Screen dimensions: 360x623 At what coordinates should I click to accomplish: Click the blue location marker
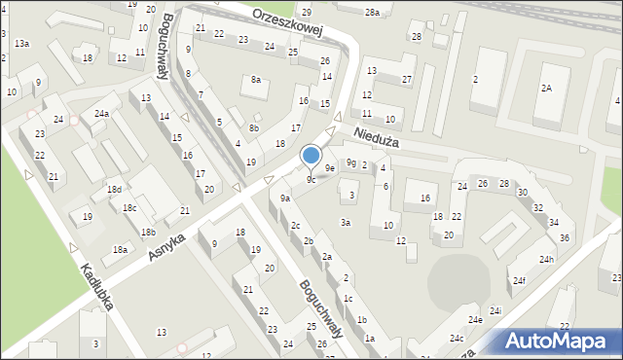point(311,155)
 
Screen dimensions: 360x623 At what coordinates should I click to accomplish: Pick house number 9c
point(311,180)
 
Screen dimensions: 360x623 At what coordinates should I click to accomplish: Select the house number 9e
point(330,168)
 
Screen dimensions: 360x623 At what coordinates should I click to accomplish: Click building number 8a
point(256,80)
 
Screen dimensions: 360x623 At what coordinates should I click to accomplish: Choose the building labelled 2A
point(547,89)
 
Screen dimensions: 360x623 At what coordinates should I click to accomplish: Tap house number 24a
point(101,113)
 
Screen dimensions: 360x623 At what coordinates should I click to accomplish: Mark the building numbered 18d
point(114,190)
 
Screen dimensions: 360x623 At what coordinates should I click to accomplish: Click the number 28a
point(372,13)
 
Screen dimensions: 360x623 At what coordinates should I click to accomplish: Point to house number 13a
point(21,44)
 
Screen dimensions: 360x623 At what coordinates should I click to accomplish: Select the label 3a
point(345,223)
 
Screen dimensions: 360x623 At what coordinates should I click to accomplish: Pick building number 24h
point(547,260)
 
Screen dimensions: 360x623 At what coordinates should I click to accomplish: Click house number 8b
point(254,128)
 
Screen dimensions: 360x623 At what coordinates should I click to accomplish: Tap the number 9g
point(350,162)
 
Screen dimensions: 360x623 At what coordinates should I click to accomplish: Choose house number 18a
point(120,250)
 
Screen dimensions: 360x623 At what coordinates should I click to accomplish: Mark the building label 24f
point(520,281)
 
